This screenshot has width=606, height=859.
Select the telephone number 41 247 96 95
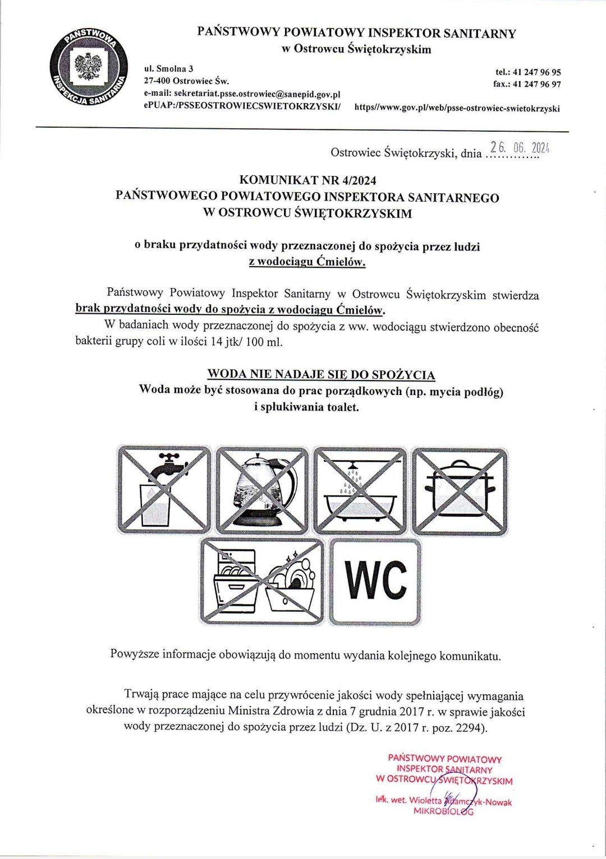pos(536,72)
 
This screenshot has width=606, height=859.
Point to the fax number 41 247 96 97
pos(536,85)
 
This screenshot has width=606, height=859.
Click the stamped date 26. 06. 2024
pos(518,148)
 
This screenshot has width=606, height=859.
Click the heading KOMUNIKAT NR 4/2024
pos(307,180)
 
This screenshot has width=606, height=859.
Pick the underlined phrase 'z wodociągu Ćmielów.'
pos(307,262)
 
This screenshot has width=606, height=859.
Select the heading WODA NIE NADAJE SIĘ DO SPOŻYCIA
pos(321,374)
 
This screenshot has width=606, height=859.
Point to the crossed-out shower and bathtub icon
pos(361,489)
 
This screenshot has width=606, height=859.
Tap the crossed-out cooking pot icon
pos(460,489)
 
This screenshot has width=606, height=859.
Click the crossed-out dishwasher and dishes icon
pos(263,582)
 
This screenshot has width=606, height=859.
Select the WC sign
pos(375,582)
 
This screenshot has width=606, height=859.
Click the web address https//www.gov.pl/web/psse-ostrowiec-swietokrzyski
pos(457,108)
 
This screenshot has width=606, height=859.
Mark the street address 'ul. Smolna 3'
pos(168,69)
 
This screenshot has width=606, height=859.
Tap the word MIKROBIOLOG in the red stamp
pos(443,811)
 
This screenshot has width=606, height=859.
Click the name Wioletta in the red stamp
pos(426,800)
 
